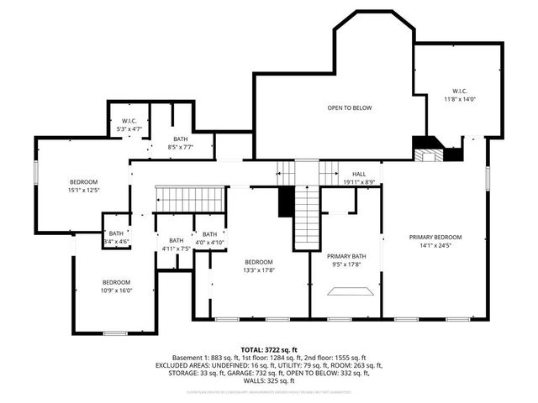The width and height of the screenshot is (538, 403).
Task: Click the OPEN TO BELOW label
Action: [350, 107]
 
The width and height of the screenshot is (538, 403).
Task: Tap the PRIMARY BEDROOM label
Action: [435, 237]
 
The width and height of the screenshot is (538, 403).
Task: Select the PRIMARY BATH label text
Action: [346, 256]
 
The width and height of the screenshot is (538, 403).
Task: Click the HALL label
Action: [359, 173]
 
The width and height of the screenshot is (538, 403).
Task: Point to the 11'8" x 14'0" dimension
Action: [460, 99]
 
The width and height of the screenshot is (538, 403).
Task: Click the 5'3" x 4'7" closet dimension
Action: [129, 129]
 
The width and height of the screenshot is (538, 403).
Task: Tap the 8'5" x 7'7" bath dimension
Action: [181, 148]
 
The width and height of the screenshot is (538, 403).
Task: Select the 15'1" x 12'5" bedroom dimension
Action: [84, 191]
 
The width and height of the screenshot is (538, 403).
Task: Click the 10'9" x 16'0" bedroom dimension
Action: [116, 290]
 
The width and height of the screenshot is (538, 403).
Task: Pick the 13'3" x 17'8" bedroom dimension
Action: [259, 270]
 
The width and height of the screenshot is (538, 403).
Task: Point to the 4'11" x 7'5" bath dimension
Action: [176, 249]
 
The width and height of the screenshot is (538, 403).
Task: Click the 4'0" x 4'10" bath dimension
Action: [209, 243]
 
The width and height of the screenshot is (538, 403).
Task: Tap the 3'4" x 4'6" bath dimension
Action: [116, 242]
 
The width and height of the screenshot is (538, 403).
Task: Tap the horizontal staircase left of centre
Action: [191, 200]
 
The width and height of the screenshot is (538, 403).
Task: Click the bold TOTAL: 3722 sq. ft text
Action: [268, 348]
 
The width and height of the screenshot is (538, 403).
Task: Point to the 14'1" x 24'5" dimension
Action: [435, 246]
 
